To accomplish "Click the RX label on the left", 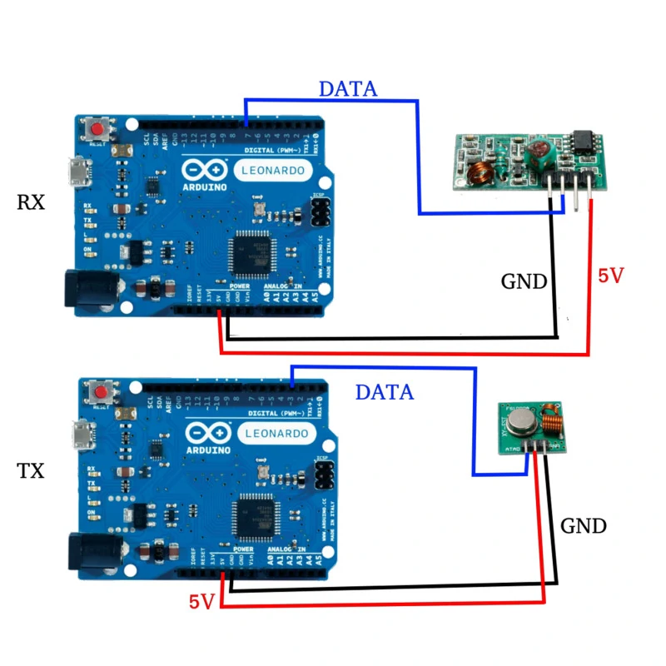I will tap(31, 202).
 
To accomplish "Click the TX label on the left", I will tap(31, 470).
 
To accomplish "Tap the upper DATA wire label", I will tap(348, 88).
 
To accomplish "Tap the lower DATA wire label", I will tap(384, 391).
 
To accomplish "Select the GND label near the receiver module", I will tap(524, 281).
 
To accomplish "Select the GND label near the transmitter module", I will tap(583, 526).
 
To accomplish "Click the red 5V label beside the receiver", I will tap(610, 276).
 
